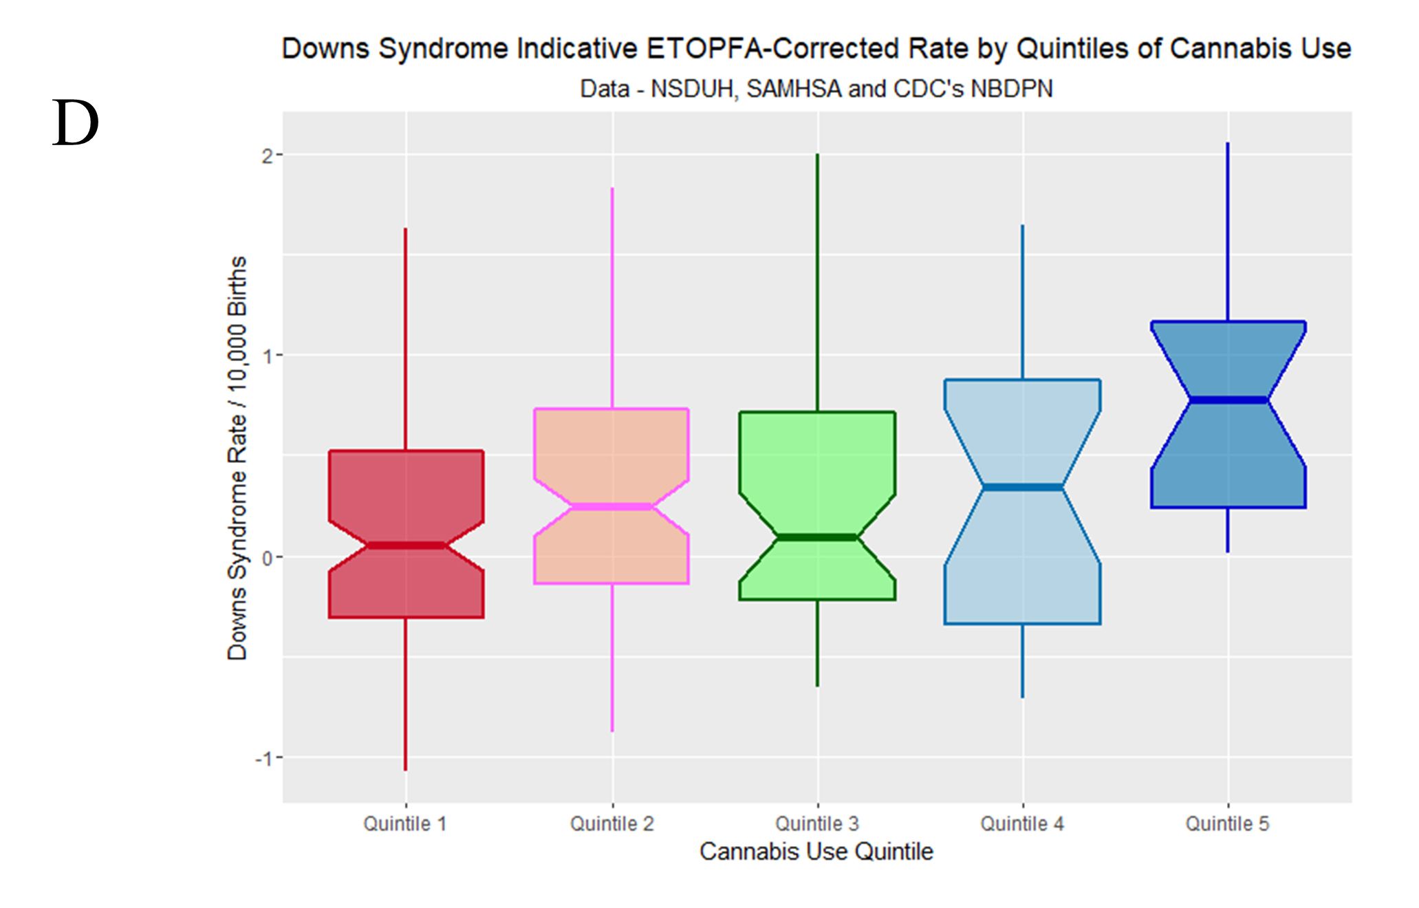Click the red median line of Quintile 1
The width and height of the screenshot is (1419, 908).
tap(406, 545)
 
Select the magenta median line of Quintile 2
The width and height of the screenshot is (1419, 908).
tap(611, 507)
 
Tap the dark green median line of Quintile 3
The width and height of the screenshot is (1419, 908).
tap(817, 537)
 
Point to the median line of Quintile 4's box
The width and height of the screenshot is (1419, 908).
tap(1022, 487)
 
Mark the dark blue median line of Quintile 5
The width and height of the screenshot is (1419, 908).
tap(1228, 400)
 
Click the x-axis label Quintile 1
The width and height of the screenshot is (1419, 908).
tap(405, 823)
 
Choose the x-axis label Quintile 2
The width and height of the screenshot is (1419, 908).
tap(611, 823)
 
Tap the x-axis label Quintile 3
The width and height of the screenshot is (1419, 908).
tap(817, 823)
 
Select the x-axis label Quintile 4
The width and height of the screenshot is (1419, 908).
tap(1022, 823)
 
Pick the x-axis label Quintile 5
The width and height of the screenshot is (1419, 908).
tap(1227, 823)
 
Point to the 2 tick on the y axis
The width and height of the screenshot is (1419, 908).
tap(268, 155)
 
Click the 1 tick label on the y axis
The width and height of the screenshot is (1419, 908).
tap(268, 356)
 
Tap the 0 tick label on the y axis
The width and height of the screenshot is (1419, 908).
tap(268, 557)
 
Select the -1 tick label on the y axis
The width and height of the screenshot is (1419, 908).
tap(264, 758)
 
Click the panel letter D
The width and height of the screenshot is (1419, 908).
tap(76, 124)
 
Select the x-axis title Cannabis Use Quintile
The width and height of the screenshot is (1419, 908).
tap(816, 852)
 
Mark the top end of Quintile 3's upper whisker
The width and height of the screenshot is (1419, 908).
tap(817, 155)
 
